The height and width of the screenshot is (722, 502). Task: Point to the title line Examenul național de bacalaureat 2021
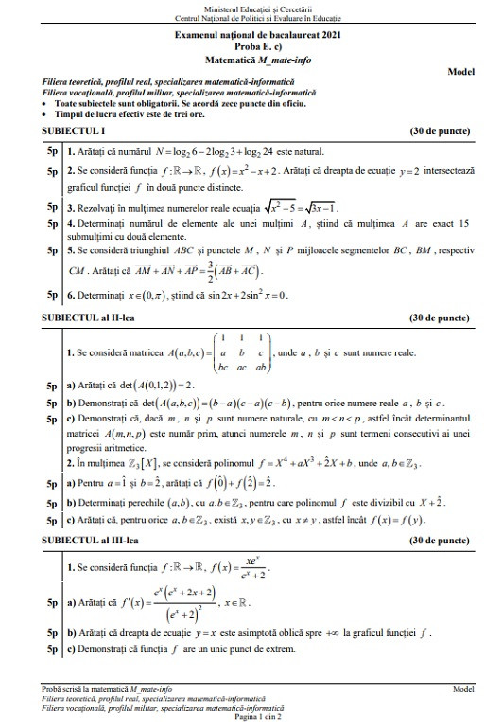(251, 33)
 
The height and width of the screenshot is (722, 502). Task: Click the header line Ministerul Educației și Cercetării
(251, 8)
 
